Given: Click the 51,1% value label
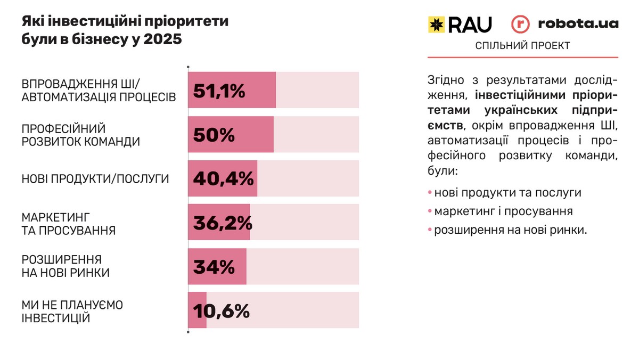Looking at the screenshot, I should coord(219,91).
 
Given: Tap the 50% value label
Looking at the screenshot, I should coord(214,135).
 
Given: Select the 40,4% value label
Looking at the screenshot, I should coord(223,179).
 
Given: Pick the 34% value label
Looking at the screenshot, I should coord(214,267).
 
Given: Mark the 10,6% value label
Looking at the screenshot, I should coord(221,311).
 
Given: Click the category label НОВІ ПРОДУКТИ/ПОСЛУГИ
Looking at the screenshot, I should coord(95,179).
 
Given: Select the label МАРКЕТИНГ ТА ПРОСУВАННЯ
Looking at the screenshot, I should coord(69,224).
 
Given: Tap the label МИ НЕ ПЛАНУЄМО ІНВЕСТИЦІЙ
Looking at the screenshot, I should coord(72,312).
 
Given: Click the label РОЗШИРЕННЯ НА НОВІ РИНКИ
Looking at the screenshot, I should coord(65,266).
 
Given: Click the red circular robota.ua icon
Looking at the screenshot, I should coord(520,24).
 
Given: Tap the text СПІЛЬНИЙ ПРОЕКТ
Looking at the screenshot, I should coord(522,46).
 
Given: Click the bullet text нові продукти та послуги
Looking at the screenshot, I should coord(507,192).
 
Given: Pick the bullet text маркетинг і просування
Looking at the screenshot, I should coord(503,211).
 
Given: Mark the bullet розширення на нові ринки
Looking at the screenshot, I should coord(511,230).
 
